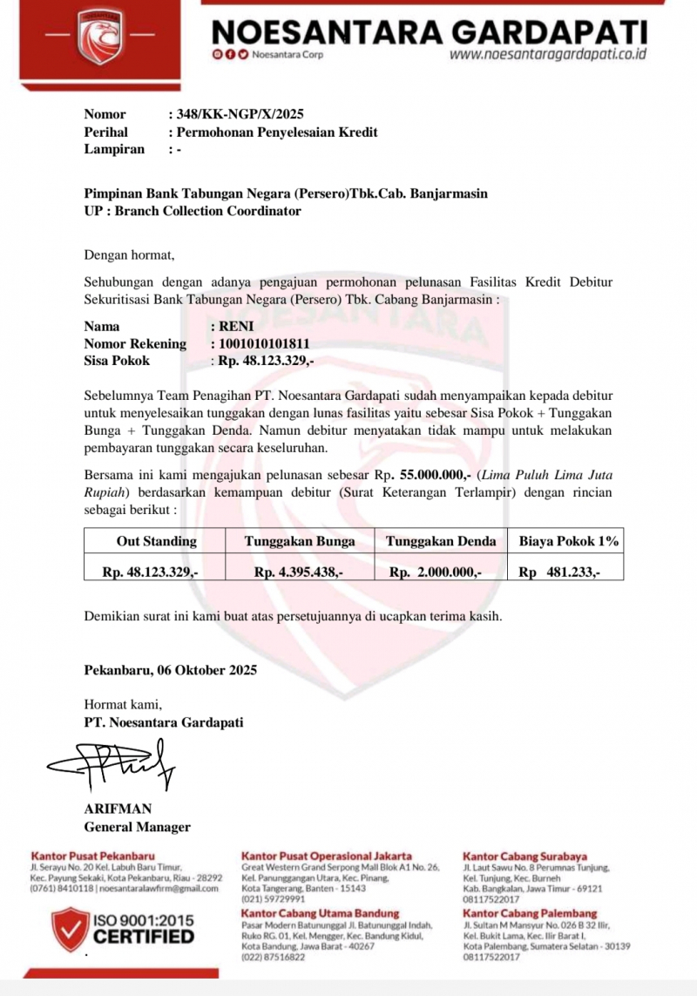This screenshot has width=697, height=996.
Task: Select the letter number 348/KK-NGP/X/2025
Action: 240,114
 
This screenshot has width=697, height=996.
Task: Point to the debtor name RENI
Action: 236,326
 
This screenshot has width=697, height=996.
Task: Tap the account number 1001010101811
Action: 264,343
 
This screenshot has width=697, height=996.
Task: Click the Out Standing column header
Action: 157,541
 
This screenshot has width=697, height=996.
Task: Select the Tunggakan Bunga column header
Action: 300,541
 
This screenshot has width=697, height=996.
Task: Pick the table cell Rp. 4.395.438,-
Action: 299,573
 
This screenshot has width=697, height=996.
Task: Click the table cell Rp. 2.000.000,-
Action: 436,573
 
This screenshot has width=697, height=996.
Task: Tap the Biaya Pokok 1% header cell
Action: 569,541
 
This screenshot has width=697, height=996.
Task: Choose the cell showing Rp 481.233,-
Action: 559,573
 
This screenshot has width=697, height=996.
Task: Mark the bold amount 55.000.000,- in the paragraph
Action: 436,475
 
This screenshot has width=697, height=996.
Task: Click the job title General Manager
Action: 137,827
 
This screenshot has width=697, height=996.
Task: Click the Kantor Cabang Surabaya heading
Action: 524,857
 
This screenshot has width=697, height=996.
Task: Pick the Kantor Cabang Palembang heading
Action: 530,912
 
